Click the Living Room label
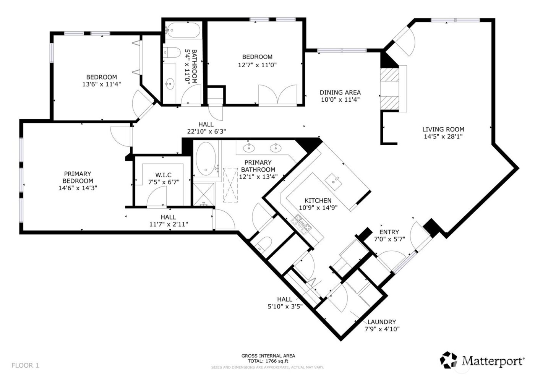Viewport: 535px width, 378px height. pyautogui.click(x=443, y=129)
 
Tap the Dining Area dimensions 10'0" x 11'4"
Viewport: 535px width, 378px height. pyautogui.click(x=340, y=100)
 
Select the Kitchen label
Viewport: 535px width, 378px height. pyautogui.click(x=318, y=201)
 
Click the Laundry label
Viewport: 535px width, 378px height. pyautogui.click(x=381, y=322)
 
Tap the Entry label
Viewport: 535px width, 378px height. pyautogui.click(x=389, y=232)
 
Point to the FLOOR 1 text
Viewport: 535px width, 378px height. pyautogui.click(x=25, y=365)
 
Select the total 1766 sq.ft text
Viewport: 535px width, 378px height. pyautogui.click(x=268, y=361)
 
